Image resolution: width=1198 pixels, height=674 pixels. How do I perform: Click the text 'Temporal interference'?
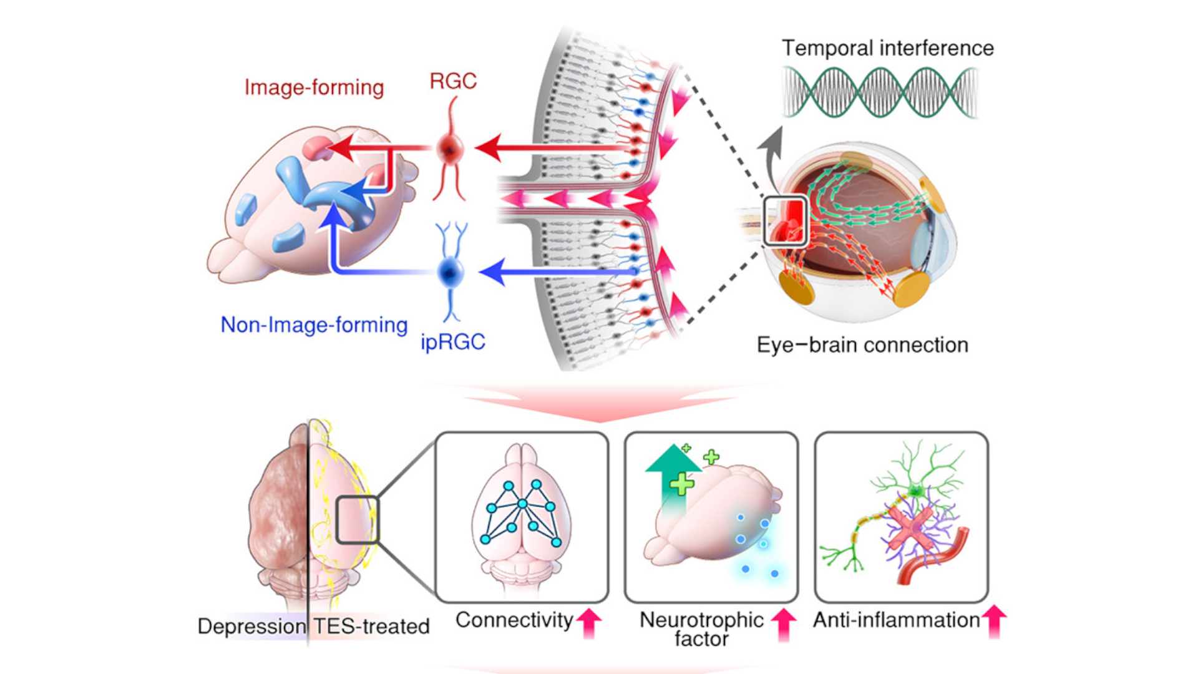[887, 48]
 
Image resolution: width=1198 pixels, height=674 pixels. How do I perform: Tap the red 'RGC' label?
[453, 81]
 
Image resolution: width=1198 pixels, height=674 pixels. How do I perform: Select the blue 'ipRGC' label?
[453, 343]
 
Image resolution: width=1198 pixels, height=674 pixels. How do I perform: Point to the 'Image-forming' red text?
[314, 88]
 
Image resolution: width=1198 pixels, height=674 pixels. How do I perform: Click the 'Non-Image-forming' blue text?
[314, 325]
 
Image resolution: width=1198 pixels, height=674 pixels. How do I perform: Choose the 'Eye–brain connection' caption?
[862, 345]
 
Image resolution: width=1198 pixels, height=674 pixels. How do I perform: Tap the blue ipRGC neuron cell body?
[450, 272]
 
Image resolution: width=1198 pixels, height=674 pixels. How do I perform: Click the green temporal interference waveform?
[880, 92]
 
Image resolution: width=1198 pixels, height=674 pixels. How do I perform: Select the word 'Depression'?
[251, 627]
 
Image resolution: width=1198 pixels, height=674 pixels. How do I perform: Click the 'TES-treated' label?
[371, 627]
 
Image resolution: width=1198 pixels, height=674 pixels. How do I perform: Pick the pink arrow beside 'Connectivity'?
[589, 623]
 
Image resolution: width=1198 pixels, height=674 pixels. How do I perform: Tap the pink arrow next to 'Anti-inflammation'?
[994, 622]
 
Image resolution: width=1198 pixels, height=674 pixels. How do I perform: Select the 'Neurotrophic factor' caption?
[702, 629]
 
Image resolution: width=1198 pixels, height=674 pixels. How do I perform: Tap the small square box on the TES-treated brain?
[358, 520]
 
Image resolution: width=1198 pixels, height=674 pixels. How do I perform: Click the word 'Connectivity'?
[514, 620]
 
